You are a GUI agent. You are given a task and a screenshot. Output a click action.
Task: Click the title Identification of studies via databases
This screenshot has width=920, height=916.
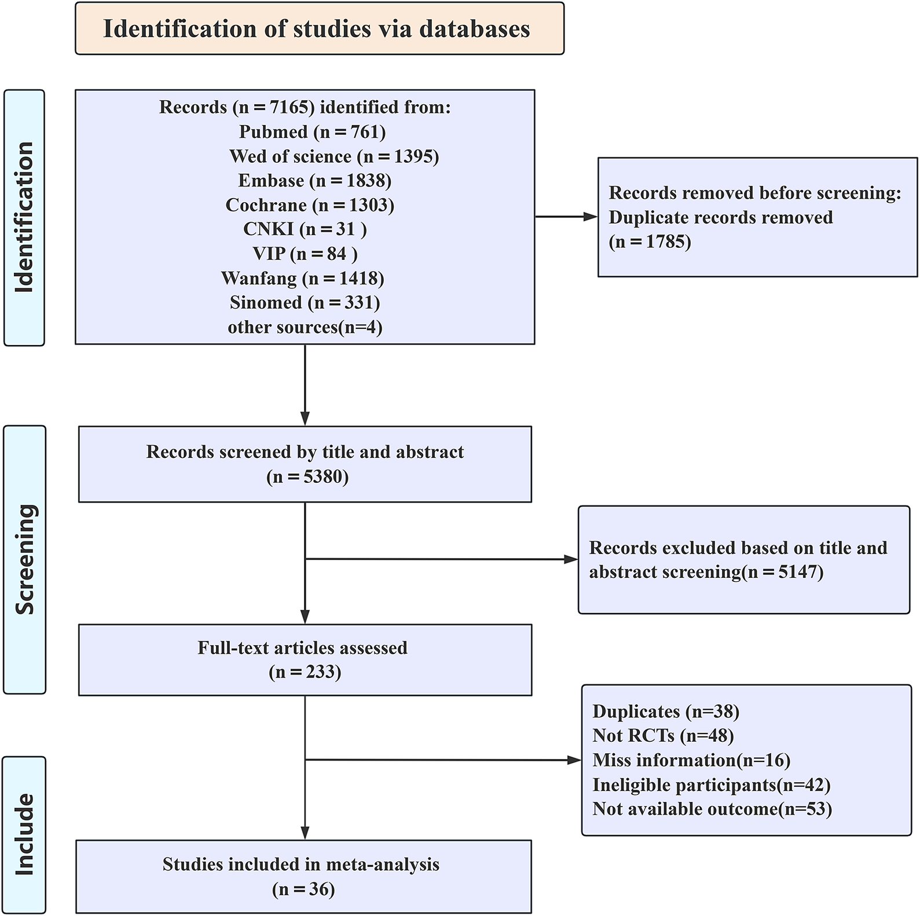pos(317,29)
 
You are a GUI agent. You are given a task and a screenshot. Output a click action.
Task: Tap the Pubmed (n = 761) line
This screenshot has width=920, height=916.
pos(312,132)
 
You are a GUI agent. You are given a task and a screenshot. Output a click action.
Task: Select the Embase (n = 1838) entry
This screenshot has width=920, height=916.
pos(314,181)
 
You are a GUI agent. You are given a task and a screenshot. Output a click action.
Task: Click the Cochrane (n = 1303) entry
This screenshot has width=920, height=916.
pos(310,205)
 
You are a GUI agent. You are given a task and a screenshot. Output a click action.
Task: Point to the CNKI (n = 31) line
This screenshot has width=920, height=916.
pos(305,229)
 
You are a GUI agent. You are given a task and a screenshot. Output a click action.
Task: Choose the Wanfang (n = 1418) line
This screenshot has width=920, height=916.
pos(302,279)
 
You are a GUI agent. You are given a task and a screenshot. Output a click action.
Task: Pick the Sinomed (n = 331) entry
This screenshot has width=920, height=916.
pos(305,303)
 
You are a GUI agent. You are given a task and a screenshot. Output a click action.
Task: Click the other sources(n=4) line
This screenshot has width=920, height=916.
pos(305,327)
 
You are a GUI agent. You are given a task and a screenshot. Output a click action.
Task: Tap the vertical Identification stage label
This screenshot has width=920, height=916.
pos(24,217)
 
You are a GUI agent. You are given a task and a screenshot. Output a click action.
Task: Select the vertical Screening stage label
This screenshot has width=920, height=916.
pos(24,559)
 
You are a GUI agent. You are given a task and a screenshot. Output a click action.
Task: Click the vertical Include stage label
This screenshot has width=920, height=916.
pos(24,834)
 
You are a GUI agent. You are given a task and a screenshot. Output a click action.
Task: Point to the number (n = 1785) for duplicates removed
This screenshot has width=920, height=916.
pos(650,241)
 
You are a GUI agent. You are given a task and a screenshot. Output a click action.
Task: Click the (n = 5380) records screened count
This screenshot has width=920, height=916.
pos(307,477)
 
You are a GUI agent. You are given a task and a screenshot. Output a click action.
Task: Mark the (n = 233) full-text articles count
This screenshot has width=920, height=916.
pos(305,672)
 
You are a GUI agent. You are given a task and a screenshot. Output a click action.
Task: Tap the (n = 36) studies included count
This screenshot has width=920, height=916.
pos(303,889)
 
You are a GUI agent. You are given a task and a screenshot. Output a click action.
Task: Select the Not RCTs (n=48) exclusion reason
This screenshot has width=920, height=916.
pos(663,736)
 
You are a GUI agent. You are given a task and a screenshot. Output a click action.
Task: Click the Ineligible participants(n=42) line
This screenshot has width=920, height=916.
pos(711,785)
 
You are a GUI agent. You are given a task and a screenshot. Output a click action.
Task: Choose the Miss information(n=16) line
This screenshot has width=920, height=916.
pos(691,760)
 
